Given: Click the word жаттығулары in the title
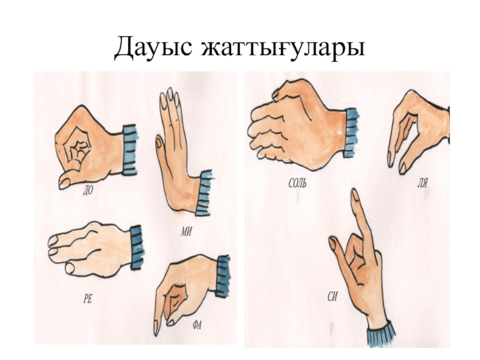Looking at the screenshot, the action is point(283,49).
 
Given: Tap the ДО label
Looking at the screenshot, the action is point(88,191).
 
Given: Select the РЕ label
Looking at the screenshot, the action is point(88,298).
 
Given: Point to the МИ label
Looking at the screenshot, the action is point(187,232).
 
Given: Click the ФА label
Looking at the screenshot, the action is point(197,325).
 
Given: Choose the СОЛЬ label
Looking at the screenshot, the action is point(297,183).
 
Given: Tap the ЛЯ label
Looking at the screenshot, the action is point(422,184).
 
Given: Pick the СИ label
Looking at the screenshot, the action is point(332,296).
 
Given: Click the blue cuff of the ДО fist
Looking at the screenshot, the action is point(130,149).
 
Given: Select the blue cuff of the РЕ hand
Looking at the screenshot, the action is point(137,247).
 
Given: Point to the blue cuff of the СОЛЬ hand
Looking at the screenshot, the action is point(352,133).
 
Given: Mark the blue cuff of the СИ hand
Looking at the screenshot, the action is point(381,334).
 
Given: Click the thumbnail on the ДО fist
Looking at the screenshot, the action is point(65,183).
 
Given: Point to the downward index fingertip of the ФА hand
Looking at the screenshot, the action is point(157,328).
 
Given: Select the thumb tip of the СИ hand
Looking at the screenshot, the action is point(333,243).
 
